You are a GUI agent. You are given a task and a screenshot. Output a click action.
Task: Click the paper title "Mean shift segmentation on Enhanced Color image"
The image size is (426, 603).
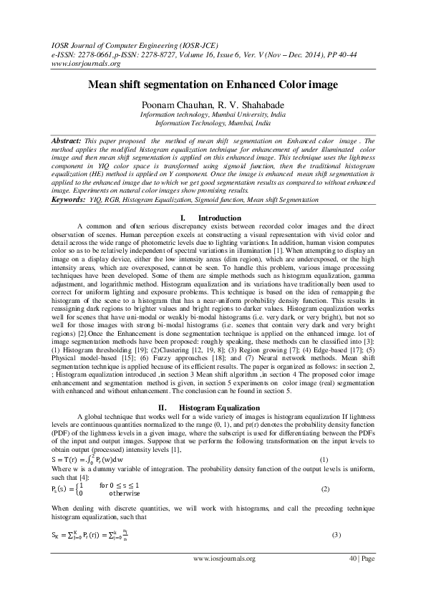tap(213, 85)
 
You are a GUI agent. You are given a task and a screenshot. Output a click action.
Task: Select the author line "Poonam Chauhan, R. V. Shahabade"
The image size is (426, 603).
tap(213, 103)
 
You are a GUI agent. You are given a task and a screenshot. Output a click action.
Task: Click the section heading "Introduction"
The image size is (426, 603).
tap(221, 217)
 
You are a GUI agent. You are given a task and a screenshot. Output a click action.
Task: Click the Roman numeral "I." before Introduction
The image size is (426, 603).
tap(183, 217)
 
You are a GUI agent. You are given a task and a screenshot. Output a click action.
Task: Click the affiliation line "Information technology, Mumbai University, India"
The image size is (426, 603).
tap(213, 114)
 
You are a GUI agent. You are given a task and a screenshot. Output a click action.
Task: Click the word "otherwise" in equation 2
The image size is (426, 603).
tap(124, 493)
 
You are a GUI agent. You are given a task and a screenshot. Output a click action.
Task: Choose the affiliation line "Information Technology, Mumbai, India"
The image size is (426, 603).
tap(213, 122)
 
